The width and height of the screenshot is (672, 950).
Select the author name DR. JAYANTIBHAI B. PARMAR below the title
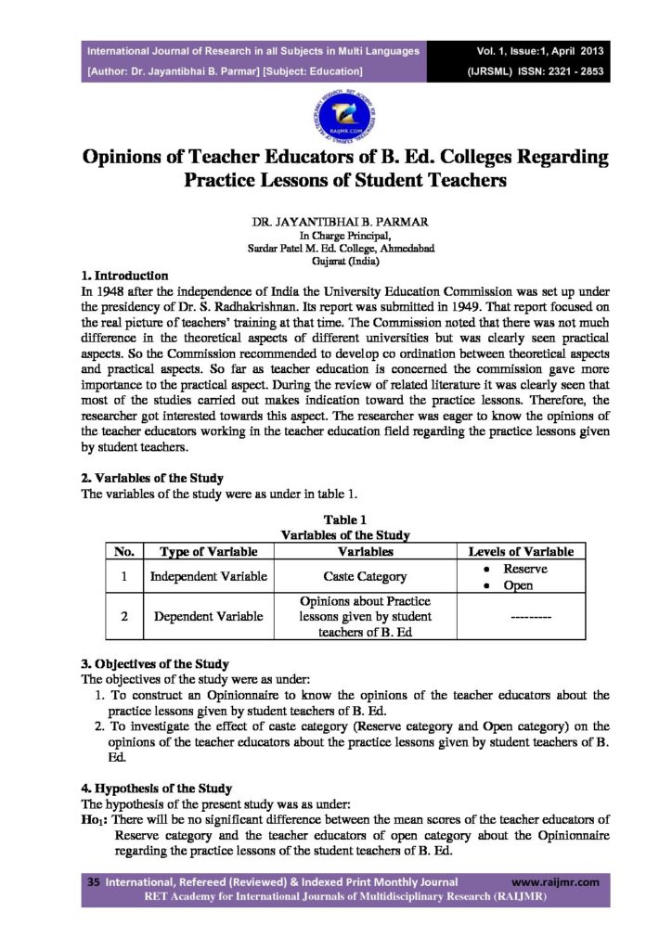pyautogui.click(x=335, y=223)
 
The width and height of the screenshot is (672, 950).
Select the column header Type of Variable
pyautogui.click(x=208, y=552)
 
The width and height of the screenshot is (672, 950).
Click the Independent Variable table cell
pyautogui.click(x=208, y=577)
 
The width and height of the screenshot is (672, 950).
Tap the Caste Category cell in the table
pyautogui.click(x=365, y=577)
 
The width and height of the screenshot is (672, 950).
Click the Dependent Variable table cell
pyautogui.click(x=208, y=617)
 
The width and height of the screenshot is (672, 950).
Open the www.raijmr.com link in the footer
pyautogui.click(x=555, y=882)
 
